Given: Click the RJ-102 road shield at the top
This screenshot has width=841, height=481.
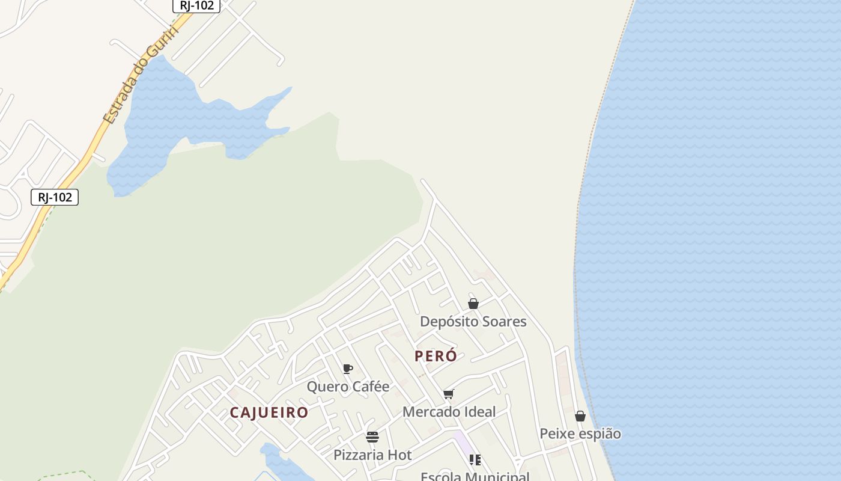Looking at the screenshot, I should (196, 5).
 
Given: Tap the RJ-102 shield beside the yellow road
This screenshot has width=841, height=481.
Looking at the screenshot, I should (55, 197).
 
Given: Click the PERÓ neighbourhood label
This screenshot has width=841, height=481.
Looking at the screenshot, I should (436, 356).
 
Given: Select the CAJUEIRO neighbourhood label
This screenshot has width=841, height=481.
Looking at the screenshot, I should (269, 412).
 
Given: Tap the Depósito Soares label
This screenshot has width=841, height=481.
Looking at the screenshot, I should (473, 322).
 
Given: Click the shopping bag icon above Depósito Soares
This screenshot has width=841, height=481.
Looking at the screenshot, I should (473, 304).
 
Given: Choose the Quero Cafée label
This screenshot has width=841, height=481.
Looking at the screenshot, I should (348, 387).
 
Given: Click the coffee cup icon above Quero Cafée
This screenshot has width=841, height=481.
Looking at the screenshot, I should (347, 369).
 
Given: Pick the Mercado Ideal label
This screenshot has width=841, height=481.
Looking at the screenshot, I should (449, 412).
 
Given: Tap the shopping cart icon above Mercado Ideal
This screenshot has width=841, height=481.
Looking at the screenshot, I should (448, 394).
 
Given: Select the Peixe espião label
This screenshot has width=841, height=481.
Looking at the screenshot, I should (580, 434).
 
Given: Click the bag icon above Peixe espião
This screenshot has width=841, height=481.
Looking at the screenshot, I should (580, 416).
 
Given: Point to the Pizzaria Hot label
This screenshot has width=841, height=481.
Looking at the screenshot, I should (372, 455).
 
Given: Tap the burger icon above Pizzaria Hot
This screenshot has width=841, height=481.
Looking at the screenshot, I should (372, 437).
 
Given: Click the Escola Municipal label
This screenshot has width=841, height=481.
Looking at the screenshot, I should (475, 476).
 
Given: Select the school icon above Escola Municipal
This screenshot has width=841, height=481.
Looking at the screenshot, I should (475, 460).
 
